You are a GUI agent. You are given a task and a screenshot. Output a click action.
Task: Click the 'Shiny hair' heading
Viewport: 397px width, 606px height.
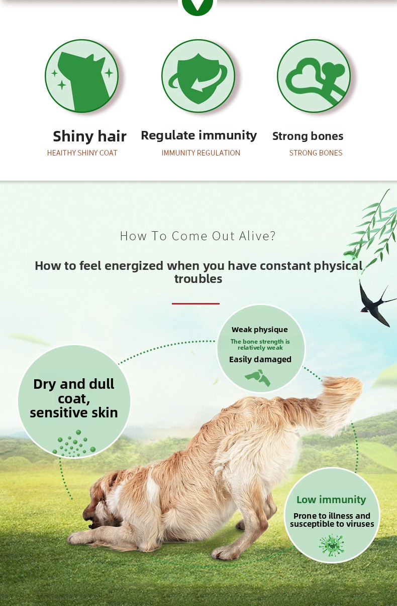[89, 136]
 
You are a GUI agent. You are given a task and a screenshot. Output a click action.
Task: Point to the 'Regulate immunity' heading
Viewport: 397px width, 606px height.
[199, 135]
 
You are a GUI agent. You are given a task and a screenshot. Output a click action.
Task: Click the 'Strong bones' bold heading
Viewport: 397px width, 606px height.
[308, 136]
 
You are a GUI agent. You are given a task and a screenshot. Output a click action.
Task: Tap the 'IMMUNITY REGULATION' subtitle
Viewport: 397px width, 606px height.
[201, 153]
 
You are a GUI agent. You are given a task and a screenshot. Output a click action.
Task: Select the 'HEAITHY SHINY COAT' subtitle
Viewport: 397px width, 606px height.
[82, 153]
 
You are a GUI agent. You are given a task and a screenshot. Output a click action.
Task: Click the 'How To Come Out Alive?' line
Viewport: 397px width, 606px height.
[198, 236]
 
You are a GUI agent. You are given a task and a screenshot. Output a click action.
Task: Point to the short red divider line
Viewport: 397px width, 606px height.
[195, 304]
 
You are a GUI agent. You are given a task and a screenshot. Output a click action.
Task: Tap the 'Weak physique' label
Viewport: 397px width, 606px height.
[260, 330]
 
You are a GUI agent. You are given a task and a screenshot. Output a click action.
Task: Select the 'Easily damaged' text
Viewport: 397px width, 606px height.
[260, 360]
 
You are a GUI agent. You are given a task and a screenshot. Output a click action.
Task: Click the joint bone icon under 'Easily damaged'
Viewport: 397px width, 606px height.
[258, 378]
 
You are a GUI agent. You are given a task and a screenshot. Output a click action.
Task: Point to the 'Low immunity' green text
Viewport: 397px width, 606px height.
[331, 500]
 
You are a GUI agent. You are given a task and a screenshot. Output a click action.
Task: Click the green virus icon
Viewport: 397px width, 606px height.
[332, 545]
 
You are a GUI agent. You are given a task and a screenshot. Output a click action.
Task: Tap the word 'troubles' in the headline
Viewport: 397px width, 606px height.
[198, 279]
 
